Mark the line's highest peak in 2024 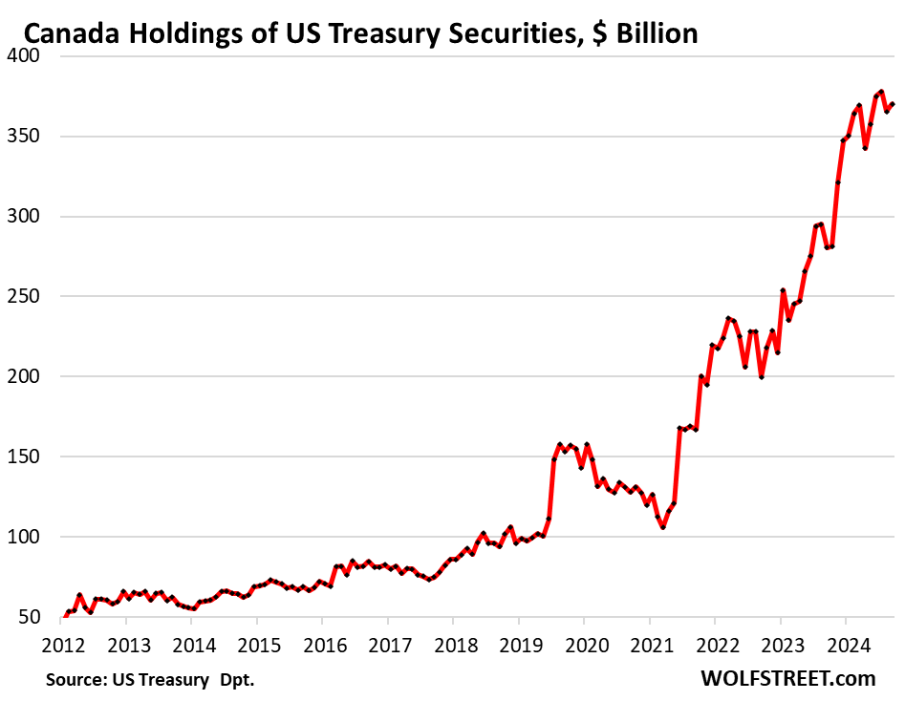click(x=880, y=92)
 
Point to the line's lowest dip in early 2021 click(x=662, y=527)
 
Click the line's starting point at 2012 click(x=65, y=616)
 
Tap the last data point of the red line click(x=892, y=104)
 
